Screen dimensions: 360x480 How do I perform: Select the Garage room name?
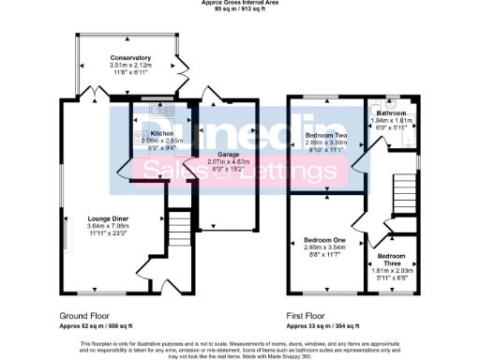(x=229, y=155)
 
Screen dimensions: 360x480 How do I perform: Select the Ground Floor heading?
(x=86, y=316)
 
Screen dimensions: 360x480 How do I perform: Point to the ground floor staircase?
(x=178, y=230)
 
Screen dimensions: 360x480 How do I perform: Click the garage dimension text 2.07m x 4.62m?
(x=229, y=162)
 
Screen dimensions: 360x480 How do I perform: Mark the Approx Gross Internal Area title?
(x=239, y=3)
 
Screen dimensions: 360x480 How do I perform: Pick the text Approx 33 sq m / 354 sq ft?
(x=324, y=326)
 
